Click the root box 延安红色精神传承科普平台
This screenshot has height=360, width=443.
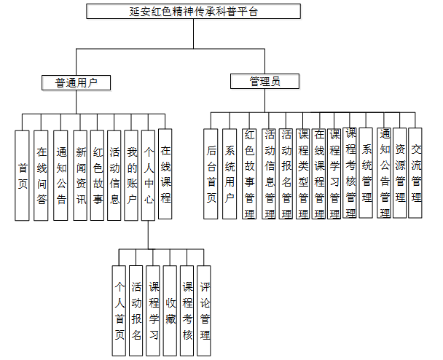coord(193,12)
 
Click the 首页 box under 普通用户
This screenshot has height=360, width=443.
coord(23,175)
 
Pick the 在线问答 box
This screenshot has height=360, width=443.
coord(42,175)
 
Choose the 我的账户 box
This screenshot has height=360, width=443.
coord(132,175)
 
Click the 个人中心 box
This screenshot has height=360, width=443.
coord(148,175)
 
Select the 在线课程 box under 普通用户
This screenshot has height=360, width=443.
coord(165,175)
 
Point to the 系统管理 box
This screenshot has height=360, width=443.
coord(366,173)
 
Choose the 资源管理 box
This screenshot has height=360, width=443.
coord(399,173)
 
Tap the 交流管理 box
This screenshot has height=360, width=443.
coord(415,173)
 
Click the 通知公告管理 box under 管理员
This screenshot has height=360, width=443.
coord(385,173)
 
